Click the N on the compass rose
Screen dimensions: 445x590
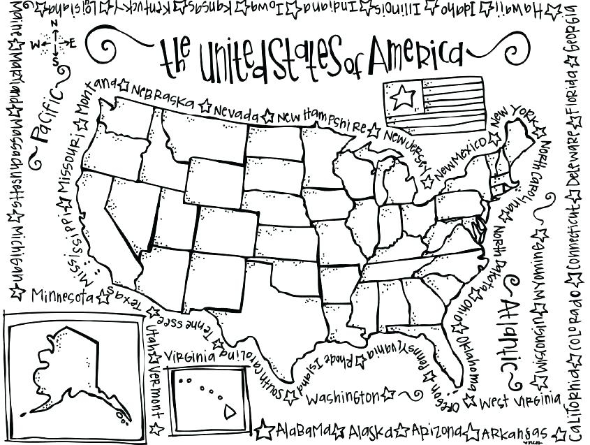click(x=53, y=23)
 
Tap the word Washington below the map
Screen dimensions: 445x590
click(x=342, y=398)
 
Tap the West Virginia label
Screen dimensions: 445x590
click(x=520, y=402)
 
